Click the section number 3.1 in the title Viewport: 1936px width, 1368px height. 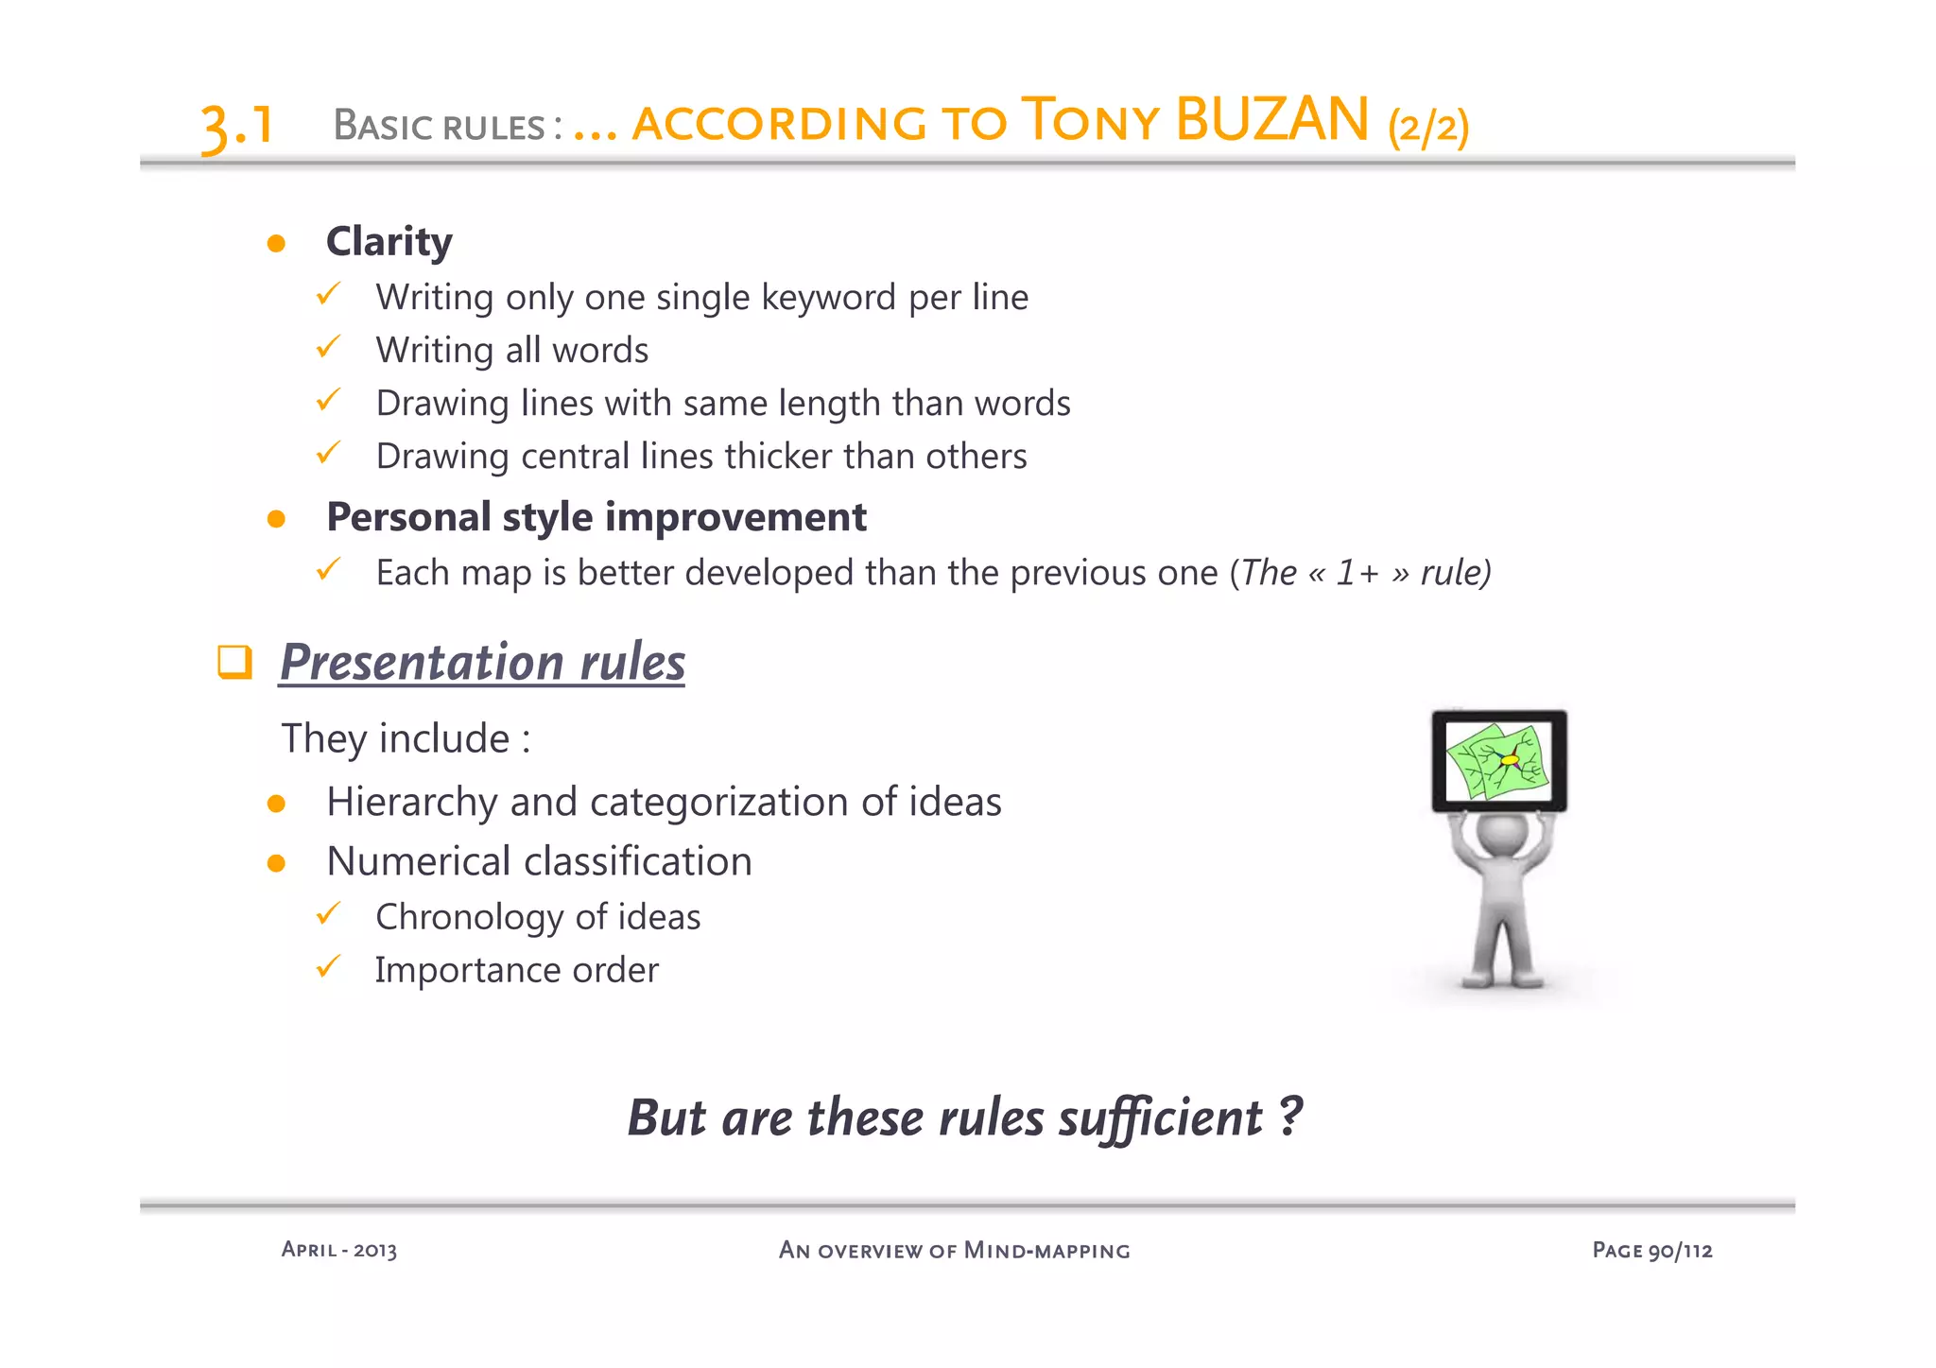pyautogui.click(x=237, y=126)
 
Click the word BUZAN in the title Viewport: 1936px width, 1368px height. pyautogui.click(x=1271, y=120)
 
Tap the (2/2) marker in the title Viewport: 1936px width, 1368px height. pyautogui.click(x=1428, y=126)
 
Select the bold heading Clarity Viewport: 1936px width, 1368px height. pyautogui.click(x=389, y=242)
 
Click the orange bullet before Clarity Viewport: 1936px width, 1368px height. pyautogui.click(x=276, y=244)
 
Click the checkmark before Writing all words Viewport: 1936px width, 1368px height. pyautogui.click(x=328, y=347)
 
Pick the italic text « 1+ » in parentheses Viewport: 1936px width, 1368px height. pyautogui.click(x=1359, y=573)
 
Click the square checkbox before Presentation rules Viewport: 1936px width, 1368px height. pyautogui.click(x=234, y=662)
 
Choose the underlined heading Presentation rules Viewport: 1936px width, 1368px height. pyautogui.click(x=482, y=662)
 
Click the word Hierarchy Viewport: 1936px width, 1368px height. pyautogui.click(x=411, y=803)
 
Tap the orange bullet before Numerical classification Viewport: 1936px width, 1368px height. pyautogui.click(x=276, y=863)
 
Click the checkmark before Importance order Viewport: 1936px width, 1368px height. pyautogui.click(x=328, y=967)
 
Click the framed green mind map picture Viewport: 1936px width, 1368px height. pyautogui.click(x=1498, y=760)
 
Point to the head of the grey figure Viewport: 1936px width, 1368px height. pyautogui.click(x=1501, y=834)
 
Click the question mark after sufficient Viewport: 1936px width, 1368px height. pyautogui.click(x=1290, y=1116)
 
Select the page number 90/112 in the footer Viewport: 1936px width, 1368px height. pyautogui.click(x=1680, y=1251)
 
